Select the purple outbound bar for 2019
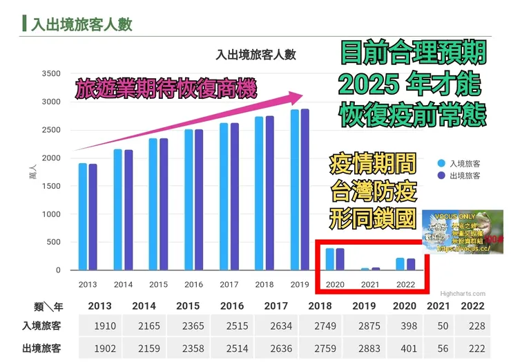(305, 189)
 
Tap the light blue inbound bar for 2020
(330, 259)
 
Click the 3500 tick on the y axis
(51, 74)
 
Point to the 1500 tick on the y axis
(51, 186)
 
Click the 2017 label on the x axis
(229, 284)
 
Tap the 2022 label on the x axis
(407, 284)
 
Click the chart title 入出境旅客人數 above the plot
(256, 55)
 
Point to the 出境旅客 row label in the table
(41, 348)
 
